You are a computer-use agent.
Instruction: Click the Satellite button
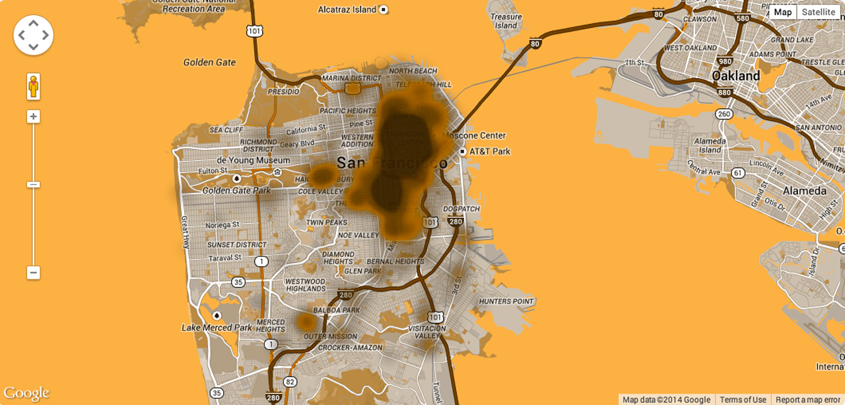(819, 12)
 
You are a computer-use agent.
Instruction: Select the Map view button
(783, 12)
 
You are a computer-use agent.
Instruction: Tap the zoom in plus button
(34, 117)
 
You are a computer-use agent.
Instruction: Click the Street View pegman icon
(34, 87)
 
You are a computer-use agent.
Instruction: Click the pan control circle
(34, 35)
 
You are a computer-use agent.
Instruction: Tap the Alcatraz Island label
(347, 10)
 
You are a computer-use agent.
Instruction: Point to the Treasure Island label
(506, 21)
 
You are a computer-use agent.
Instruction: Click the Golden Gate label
(209, 62)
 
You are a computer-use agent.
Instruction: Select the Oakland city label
(735, 76)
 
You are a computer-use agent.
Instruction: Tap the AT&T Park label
(489, 151)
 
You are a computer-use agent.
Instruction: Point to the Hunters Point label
(506, 301)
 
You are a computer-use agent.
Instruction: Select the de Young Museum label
(253, 161)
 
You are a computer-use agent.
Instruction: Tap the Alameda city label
(804, 191)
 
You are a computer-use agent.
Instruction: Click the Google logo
(26, 394)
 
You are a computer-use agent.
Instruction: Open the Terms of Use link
(743, 400)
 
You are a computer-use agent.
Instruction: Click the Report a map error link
(807, 400)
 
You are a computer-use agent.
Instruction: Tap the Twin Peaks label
(327, 223)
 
